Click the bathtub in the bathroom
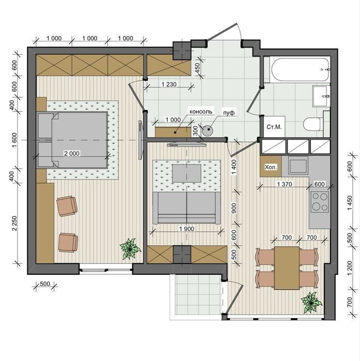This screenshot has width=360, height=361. tap(301, 70)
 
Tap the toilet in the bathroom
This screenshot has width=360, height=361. tap(314, 124)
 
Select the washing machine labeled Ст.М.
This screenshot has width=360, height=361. tap(274, 127)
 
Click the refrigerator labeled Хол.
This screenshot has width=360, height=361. tap(271, 166)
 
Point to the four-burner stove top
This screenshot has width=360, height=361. tap(320, 202)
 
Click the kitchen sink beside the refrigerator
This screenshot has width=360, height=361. tap(298, 166)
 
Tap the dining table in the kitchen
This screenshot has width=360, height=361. tap(287, 268)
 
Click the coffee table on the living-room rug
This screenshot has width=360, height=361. tap(186, 173)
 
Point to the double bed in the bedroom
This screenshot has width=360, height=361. tap(72, 140)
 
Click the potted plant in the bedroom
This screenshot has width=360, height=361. tap(130, 248)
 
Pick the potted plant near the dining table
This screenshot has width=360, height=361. tap(311, 302)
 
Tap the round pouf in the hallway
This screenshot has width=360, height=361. tap(208, 131)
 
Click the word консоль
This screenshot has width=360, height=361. tap(200, 112)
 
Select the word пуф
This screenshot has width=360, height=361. tap(229, 113)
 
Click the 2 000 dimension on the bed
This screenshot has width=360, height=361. tap(72, 153)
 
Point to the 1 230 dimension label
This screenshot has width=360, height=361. tap(169, 84)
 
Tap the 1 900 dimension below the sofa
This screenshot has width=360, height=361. tap(186, 229)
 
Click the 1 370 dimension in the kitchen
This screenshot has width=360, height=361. tap(285, 184)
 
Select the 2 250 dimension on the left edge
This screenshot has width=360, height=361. tap(14, 223)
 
